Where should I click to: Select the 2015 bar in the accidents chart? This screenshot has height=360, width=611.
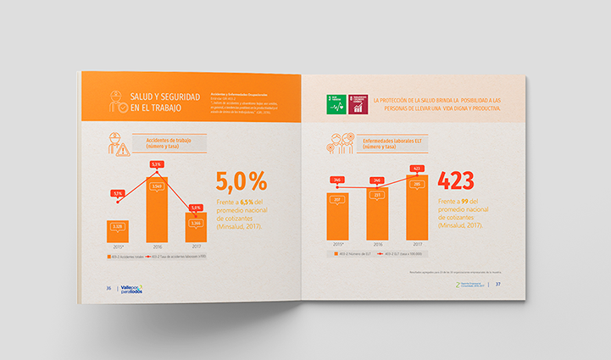[x=118, y=230]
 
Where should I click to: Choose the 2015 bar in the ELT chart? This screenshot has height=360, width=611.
[x=337, y=217]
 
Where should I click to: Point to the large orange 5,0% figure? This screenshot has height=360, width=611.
[x=242, y=181]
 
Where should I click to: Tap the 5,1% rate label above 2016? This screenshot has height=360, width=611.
[x=157, y=164]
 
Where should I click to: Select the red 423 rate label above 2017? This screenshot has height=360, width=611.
[x=416, y=169]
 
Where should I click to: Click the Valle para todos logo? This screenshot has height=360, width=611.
[x=131, y=289]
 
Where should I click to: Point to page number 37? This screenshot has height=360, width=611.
[x=499, y=285]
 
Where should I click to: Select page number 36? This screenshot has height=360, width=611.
[x=108, y=289]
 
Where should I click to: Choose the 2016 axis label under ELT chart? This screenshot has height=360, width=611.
[x=376, y=244]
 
